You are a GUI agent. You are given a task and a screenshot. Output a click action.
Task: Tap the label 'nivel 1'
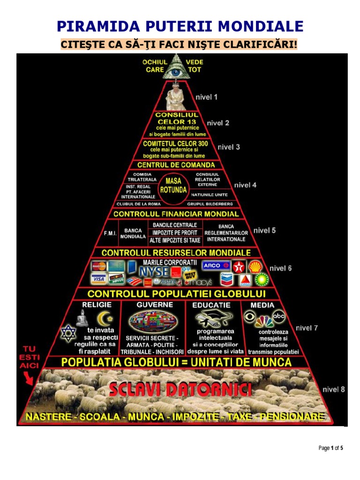coord(206,97)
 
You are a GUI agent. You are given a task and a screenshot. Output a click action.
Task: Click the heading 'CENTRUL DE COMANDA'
coord(176,165)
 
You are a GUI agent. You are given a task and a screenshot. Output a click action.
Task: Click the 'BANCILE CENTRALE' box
coord(175,225)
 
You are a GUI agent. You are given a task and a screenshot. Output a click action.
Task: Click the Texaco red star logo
coord(239,267)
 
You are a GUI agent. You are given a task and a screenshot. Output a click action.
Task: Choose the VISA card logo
coord(98,279)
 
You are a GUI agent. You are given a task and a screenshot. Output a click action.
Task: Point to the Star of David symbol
coord(68,333)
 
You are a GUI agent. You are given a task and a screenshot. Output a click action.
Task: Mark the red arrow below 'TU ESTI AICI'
coord(28,378)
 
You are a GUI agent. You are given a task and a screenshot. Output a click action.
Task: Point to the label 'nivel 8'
coord(333,390)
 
